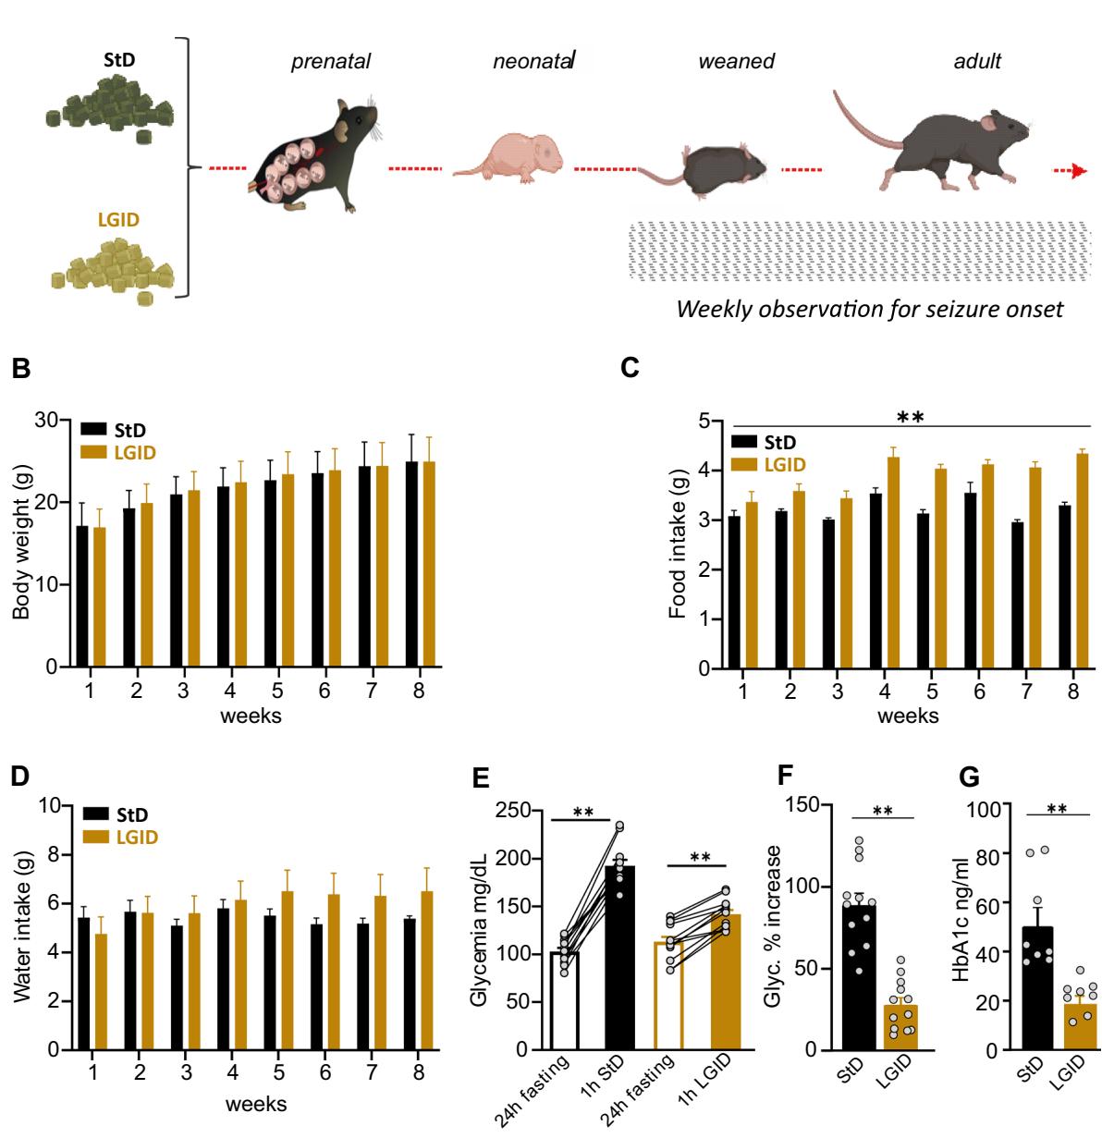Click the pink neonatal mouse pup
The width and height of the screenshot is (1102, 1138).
pyautogui.click(x=514, y=154)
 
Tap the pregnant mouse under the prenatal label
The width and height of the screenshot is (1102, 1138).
pyautogui.click(x=314, y=153)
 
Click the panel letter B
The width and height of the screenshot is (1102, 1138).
pyautogui.click(x=20, y=368)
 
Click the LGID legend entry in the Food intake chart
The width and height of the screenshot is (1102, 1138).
pyautogui.click(x=779, y=463)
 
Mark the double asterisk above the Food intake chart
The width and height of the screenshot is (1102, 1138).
pyautogui.click(x=911, y=418)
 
